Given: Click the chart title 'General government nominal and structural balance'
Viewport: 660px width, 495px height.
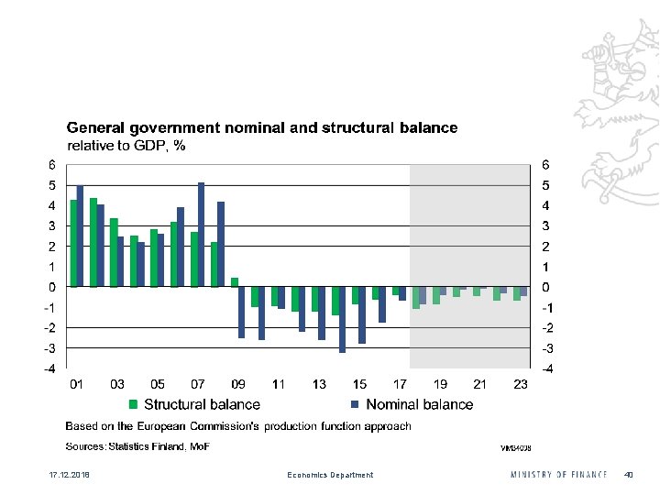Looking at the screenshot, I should [261, 128].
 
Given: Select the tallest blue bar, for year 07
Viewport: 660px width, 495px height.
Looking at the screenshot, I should [201, 235].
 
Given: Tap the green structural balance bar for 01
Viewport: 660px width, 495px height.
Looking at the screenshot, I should [73, 243].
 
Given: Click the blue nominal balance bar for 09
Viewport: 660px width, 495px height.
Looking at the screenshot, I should [242, 313].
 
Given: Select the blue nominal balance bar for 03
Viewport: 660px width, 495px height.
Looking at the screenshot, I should [121, 261].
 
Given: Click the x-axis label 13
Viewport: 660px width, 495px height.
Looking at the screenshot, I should [319, 385].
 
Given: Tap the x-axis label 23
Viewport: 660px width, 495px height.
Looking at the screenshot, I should [521, 385].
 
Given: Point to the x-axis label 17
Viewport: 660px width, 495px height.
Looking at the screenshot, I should [400, 385].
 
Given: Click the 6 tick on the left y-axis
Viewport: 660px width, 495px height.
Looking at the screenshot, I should [52, 166].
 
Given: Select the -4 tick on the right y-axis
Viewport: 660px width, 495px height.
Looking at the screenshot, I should [548, 368].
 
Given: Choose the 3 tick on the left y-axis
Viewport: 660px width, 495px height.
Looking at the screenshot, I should [52, 226].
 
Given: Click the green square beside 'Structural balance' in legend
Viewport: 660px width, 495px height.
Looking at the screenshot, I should [133, 404].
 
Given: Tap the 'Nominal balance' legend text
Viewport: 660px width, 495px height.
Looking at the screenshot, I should [419, 404].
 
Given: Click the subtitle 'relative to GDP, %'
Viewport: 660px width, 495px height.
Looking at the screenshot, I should [127, 146].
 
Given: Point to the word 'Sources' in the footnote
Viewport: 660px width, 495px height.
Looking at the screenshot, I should [83, 446].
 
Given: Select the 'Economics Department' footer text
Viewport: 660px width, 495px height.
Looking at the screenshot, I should [330, 475].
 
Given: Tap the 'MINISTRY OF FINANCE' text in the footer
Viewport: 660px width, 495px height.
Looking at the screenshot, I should [558, 475].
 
